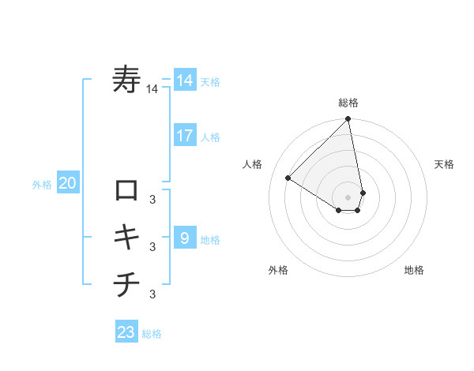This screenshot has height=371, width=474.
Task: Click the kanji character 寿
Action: point(127,81)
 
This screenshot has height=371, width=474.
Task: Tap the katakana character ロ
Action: point(126,190)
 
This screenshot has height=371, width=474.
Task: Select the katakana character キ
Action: point(126,236)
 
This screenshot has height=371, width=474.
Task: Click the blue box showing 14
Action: point(184,81)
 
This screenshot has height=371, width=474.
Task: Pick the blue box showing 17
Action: point(184,136)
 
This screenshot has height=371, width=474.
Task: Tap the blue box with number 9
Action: point(184,238)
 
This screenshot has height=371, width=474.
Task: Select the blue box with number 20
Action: point(67,184)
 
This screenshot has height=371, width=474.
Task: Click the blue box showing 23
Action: point(126,332)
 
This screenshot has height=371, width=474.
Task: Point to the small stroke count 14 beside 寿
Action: point(152,90)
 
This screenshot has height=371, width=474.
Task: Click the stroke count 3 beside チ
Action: point(152,294)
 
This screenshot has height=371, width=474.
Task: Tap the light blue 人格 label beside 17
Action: point(210,137)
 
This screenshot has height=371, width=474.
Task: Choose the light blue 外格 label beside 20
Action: point(42,185)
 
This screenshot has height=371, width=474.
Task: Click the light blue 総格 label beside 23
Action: point(152,334)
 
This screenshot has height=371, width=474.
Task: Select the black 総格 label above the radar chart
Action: point(348,103)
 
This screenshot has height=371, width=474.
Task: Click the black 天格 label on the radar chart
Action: point(444,164)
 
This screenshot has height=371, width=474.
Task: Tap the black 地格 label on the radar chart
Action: point(414,270)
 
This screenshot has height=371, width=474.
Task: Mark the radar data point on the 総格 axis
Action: point(348,119)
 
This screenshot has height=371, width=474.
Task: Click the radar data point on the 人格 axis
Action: point(288,178)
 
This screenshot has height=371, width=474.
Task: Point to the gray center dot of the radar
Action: point(348,197)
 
